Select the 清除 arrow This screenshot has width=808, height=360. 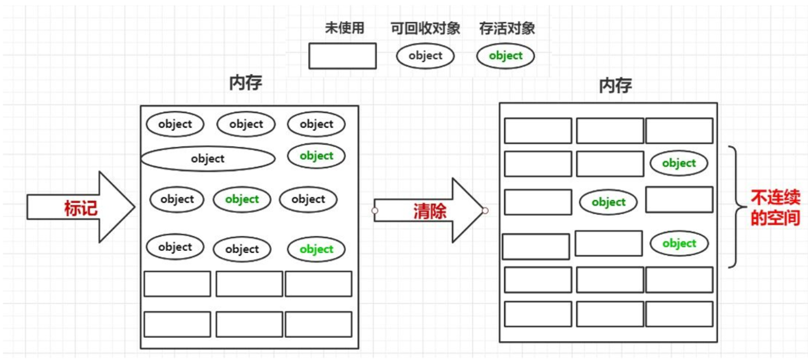tap(429, 211)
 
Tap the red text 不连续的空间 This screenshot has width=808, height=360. tap(775, 208)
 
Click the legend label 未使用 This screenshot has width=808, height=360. tap(344, 28)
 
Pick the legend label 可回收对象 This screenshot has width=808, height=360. tap(425, 28)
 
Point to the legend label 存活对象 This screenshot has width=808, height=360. tap(507, 28)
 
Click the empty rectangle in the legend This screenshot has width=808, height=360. tap(342, 56)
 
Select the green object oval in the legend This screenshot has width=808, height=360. tap(506, 56)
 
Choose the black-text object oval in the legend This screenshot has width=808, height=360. tap(425, 56)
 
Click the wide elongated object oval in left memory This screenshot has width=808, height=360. tap(208, 158)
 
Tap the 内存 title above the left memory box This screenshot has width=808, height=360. tap(246, 83)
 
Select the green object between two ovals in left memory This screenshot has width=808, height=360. tap(242, 200)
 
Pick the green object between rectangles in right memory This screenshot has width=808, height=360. tap(608, 202)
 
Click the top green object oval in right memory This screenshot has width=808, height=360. tap(678, 163)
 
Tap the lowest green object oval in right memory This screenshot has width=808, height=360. tap(679, 244)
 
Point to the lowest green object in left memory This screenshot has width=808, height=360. tap(316, 249)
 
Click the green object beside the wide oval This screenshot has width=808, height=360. tap(316, 156)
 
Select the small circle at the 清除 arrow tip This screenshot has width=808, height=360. tap(485, 211)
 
